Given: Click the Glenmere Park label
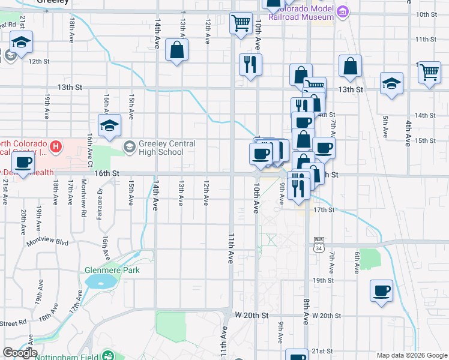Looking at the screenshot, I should point(112,271).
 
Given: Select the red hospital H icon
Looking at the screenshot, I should point(56,146).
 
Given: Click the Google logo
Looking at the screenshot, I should point(20,353).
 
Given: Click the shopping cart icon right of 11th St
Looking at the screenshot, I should point(429,72).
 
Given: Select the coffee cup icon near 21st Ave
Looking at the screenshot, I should point(23,163).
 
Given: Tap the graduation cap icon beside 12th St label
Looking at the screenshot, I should point(22,43).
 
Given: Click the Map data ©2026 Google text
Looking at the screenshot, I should point(412,355).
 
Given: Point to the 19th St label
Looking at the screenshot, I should point(322,280).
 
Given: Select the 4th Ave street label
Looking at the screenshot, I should point(408,129).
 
